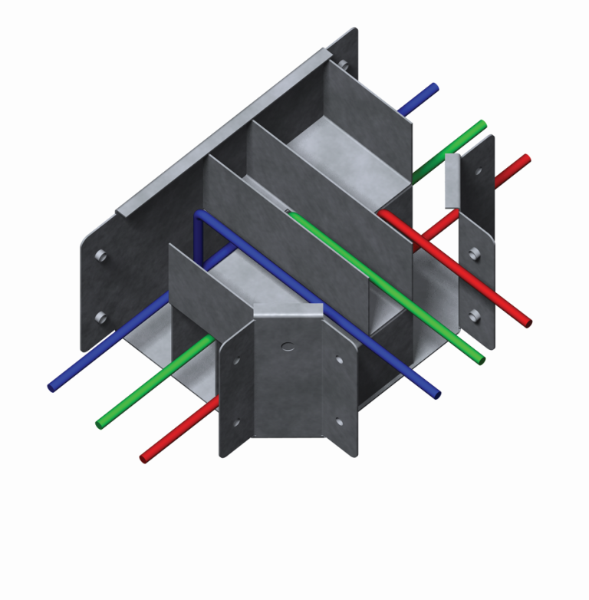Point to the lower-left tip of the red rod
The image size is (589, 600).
click(144, 459)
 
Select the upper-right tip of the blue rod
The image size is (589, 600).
click(435, 87)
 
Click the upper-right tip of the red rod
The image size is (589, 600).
click(526, 159)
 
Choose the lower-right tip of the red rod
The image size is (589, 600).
click(527, 322)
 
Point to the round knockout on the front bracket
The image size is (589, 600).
click(287, 347)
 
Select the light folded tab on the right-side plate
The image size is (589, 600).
click(452, 180)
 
